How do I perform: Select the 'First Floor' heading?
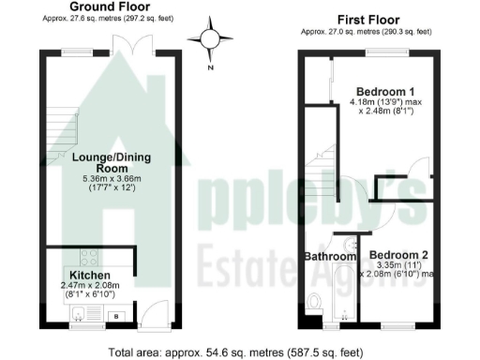tap(367, 19)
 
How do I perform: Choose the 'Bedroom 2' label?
tap(398, 254)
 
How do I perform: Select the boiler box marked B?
tap(116, 316)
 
